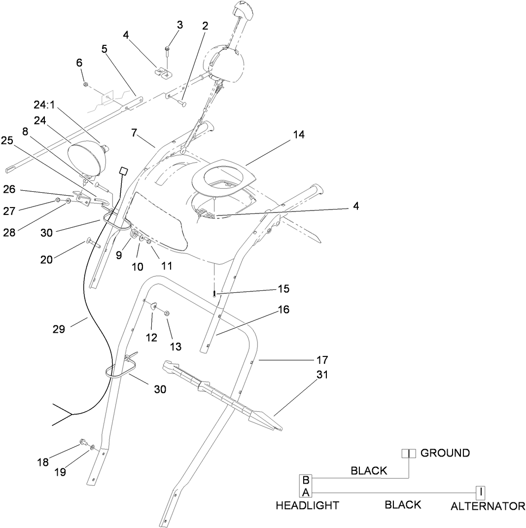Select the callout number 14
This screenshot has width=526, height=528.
tap(299, 134)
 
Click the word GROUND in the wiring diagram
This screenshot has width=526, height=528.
tap(445, 453)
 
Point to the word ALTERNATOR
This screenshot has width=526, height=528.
tap(488, 506)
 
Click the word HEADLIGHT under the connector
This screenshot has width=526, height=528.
tap(307, 505)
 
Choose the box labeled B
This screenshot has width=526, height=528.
tap(306, 480)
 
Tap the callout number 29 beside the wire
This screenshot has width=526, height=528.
tap(59, 329)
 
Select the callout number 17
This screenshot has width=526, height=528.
tap(322, 360)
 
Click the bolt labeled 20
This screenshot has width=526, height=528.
tap(93, 242)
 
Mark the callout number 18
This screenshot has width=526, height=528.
tap(43, 462)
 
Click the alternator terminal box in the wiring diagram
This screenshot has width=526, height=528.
tap(480, 491)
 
